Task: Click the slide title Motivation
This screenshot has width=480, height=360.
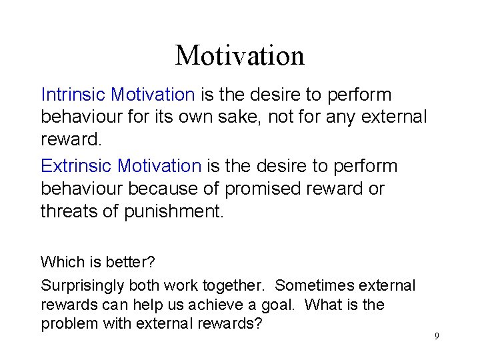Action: [x=239, y=55]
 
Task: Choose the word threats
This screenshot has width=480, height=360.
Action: [x=71, y=212]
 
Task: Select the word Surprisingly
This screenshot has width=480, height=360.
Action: [x=83, y=285]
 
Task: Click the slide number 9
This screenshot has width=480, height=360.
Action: [x=437, y=335]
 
